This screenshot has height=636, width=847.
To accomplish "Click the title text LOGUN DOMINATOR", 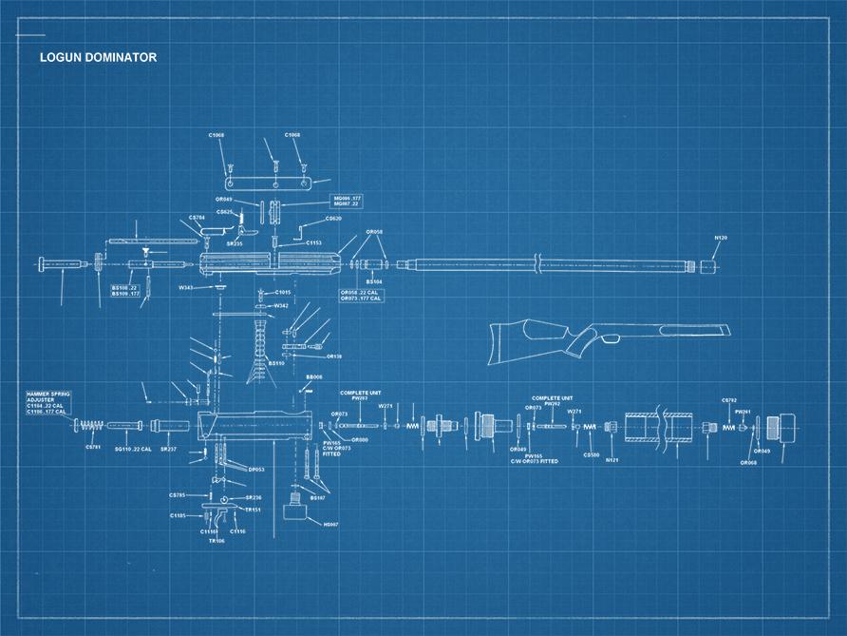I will (98, 57).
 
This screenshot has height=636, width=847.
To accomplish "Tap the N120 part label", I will (721, 236).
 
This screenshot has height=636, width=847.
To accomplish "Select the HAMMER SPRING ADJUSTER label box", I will (47, 402).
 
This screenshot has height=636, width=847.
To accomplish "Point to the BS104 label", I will (374, 282).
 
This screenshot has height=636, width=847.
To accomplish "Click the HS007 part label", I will (330, 524).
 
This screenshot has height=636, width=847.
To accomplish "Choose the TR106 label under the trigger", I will (216, 541).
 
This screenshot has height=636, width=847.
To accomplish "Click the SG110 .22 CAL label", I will (132, 449).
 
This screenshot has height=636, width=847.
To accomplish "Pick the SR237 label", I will (168, 449).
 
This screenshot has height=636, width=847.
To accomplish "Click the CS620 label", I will (333, 219).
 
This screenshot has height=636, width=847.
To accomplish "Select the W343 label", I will (186, 286).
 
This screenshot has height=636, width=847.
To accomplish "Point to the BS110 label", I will (275, 362).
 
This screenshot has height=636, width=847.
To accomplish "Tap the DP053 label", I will (255, 469).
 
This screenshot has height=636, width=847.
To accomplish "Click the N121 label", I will (612, 459).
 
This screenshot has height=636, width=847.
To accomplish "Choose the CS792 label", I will (729, 400).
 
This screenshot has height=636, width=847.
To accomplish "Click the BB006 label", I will (313, 376).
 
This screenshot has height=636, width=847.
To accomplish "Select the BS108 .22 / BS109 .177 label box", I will (125, 290).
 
